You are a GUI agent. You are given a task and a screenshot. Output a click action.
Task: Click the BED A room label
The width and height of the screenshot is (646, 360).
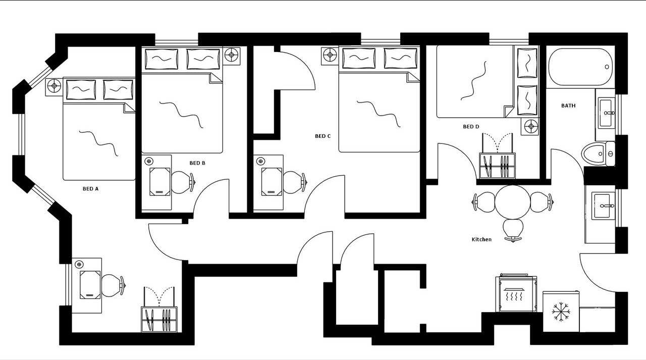[x=90, y=189]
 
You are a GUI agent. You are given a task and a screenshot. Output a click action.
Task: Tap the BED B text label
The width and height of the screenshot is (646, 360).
[x=197, y=163]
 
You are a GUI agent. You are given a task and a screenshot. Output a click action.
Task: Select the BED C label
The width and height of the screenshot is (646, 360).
[x=322, y=136]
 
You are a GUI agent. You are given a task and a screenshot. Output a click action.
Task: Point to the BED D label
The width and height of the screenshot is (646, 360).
[x=471, y=127]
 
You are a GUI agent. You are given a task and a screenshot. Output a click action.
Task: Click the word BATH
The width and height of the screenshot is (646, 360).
[x=568, y=106]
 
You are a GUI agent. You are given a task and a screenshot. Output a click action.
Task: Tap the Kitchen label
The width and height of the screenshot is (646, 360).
[x=481, y=239]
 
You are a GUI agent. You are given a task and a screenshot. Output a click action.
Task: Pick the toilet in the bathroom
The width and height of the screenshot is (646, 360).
[x=596, y=153]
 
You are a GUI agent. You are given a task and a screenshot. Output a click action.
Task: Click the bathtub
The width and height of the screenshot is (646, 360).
[x=581, y=67]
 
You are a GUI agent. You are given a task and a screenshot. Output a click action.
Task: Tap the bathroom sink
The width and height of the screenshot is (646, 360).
[x=606, y=113]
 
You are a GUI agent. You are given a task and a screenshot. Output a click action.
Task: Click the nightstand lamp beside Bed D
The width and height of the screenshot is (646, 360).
[x=530, y=126]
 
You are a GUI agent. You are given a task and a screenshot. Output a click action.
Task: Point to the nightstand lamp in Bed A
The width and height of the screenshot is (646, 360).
[x=53, y=86]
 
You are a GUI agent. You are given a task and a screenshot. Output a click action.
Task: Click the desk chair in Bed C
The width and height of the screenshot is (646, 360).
[x=293, y=182]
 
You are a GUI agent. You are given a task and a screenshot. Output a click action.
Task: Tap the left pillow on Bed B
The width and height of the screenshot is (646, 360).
[x=161, y=59]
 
